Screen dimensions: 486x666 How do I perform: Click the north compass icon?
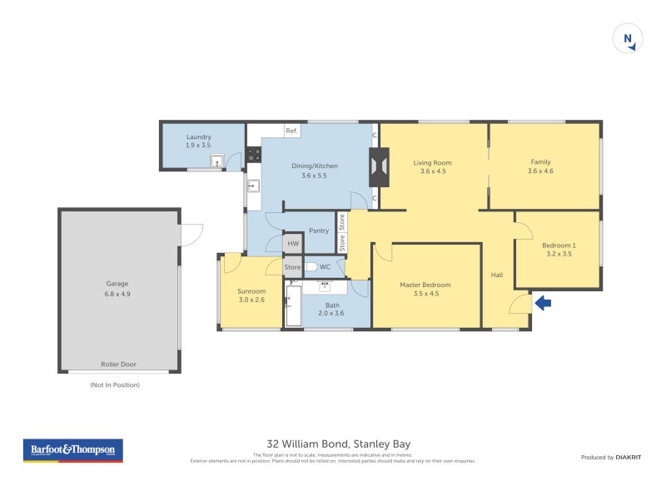[628, 39]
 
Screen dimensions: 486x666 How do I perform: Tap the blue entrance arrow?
[542, 304]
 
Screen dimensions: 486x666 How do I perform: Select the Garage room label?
[117, 288]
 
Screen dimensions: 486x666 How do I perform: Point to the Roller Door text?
[118, 364]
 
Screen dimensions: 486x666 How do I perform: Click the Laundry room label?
[198, 141]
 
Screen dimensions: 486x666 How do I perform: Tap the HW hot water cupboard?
[292, 244]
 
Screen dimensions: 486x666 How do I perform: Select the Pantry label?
[318, 231]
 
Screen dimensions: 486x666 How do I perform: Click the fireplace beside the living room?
[378, 167]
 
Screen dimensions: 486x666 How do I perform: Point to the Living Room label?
[432, 166]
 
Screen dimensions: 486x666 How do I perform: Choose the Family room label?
[540, 166]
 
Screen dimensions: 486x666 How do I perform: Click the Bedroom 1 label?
[558, 249]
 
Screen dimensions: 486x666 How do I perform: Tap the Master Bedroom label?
[425, 289]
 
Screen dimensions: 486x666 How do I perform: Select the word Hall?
[497, 275]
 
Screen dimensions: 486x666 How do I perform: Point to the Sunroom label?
[251, 295]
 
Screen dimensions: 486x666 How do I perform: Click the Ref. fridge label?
[291, 131]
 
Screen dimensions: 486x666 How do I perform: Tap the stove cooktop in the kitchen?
[254, 155]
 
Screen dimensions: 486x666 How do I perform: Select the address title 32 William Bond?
[338, 444]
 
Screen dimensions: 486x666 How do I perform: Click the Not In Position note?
[115, 384]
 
